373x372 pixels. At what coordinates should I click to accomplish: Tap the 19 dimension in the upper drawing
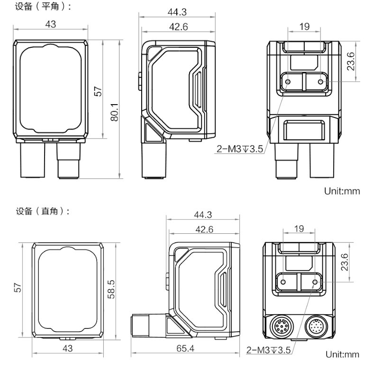(304, 27)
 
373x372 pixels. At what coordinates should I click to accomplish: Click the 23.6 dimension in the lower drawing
(345, 261)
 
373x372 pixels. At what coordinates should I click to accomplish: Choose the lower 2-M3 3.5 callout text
(268, 350)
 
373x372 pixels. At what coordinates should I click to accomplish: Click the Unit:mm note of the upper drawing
(342, 192)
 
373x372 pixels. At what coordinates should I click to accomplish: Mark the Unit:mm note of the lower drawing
(342, 354)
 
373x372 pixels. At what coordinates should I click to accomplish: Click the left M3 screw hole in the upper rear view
(289, 81)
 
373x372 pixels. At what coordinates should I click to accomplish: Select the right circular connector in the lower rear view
(315, 326)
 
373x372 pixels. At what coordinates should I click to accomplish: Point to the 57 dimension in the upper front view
(98, 91)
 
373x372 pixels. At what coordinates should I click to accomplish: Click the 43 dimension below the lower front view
(68, 348)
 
